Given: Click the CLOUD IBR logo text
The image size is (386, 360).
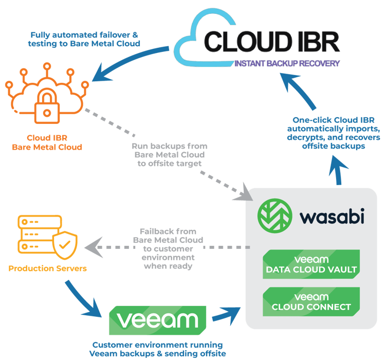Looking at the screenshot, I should (271, 42).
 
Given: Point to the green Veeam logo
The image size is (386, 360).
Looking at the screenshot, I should (157, 320).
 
